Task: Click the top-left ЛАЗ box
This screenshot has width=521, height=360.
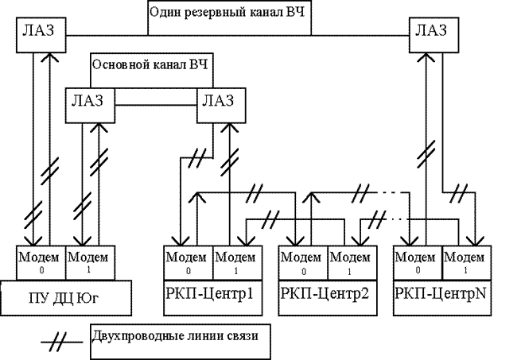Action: pyautogui.click(x=41, y=35)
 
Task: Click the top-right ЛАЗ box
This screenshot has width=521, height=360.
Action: pyautogui.click(x=434, y=35)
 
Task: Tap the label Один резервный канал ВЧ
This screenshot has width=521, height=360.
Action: pyautogui.click(x=227, y=13)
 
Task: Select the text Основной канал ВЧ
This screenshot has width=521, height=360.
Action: pyautogui.click(x=150, y=64)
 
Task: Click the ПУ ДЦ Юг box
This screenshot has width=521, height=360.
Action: pyautogui.click(x=66, y=298)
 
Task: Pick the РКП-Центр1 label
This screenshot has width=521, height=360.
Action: pyautogui.click(x=209, y=294)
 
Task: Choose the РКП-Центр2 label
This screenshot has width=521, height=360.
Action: pyautogui.click(x=325, y=294)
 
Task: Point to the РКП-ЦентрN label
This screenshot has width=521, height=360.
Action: pyautogui.click(x=441, y=294)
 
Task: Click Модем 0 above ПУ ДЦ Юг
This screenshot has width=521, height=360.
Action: pyautogui.click(x=41, y=263)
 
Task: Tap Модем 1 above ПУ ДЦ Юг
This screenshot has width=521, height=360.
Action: pyautogui.click(x=91, y=263)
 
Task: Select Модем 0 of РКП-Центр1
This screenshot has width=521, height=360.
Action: pyautogui.click(x=188, y=263)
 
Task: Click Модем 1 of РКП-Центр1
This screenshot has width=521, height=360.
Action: pyautogui.click(x=238, y=263)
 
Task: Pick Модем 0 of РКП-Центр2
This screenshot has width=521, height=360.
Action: pyautogui.click(x=303, y=263)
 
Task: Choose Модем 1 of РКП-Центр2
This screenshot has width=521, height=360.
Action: pyautogui.click(x=352, y=263)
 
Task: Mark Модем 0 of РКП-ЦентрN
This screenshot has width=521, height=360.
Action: pyautogui.click(x=418, y=263)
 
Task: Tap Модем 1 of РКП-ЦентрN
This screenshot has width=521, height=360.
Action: pyautogui.click(x=467, y=263)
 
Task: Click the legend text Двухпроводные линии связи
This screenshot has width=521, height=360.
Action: pyautogui.click(x=175, y=335)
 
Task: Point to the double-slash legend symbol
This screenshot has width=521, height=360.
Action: pyautogui.click(x=61, y=342)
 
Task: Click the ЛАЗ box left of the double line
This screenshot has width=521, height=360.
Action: pyautogui.click(x=90, y=106)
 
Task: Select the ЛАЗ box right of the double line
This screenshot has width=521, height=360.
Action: pyautogui.click(x=221, y=106)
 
